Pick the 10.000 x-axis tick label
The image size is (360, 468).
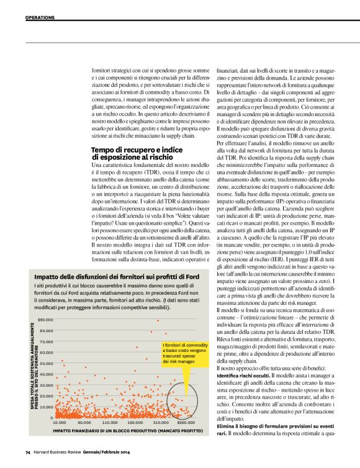pos(60,423)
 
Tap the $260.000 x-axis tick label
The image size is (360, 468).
pos(184,423)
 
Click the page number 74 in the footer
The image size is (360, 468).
pos(28,451)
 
